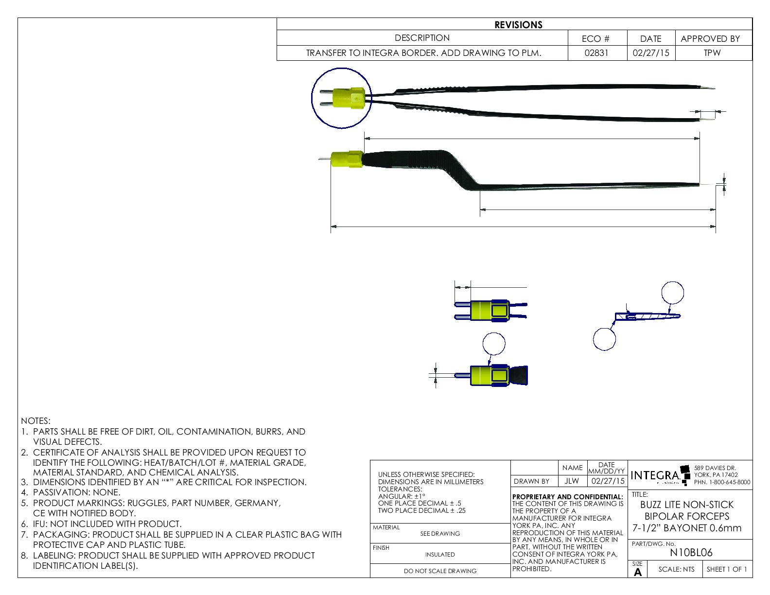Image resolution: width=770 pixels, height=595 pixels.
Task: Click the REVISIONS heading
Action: (x=518, y=25)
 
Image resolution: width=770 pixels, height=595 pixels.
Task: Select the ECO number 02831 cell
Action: (x=596, y=53)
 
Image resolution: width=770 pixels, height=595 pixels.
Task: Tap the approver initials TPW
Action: (x=712, y=53)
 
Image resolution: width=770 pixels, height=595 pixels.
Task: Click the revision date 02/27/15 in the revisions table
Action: (x=650, y=53)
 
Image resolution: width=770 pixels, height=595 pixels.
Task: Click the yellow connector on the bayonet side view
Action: (x=347, y=159)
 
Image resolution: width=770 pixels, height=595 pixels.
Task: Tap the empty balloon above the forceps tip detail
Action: (x=672, y=293)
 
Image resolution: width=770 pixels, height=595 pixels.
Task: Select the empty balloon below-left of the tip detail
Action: (x=604, y=339)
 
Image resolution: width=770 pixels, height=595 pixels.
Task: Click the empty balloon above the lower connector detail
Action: (x=494, y=344)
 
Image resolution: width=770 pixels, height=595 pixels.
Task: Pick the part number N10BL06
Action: (x=691, y=553)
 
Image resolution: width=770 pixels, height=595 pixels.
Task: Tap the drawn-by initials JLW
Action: (x=572, y=481)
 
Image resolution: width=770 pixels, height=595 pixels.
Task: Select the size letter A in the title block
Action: (x=638, y=572)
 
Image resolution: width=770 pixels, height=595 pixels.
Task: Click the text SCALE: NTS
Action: (x=676, y=569)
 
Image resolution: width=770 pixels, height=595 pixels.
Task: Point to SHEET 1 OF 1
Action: (x=726, y=569)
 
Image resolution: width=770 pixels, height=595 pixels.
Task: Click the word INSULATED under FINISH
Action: (x=440, y=555)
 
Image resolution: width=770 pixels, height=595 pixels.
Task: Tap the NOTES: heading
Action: (x=35, y=421)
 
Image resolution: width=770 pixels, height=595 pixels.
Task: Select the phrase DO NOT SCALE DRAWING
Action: (x=440, y=571)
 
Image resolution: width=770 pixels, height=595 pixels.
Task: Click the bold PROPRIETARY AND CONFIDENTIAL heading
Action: (x=567, y=497)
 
